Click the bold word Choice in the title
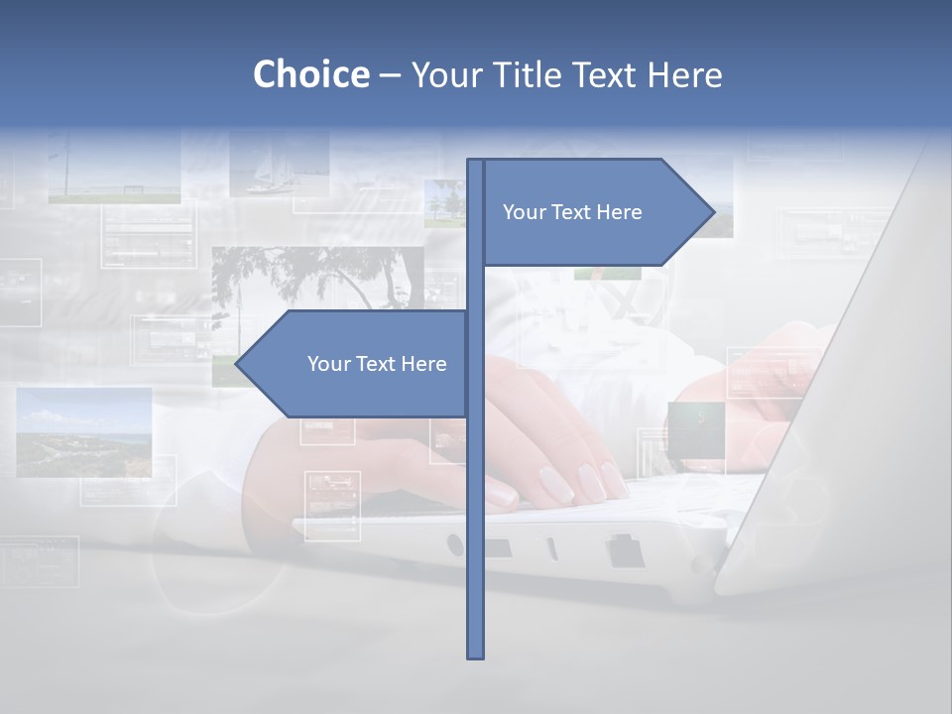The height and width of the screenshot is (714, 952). coord(310,74)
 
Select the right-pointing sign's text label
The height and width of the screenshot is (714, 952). coord(572,212)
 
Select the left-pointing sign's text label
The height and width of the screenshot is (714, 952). coord(377,364)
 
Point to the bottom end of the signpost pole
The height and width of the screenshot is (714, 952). coord(476,654)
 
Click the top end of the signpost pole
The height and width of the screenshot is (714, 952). coord(476,163)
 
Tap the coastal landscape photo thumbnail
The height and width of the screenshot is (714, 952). coord(84,431)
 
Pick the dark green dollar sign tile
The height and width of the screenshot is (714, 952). coord(696,429)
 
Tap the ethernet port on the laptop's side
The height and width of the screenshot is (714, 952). coord(626,550)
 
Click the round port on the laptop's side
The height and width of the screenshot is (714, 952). coord(455,544)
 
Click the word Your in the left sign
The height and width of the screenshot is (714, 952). coord(328,364)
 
